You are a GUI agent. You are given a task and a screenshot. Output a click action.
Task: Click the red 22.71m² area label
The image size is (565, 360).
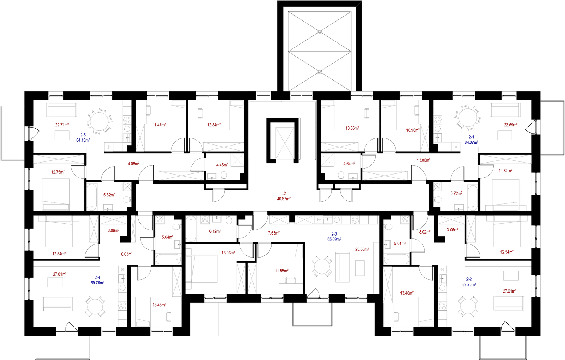tap(62, 124)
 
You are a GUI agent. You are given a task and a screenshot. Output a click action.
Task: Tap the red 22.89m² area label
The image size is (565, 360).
tap(511, 125)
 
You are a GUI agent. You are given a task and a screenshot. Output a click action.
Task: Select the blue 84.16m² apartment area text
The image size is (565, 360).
tap(83, 140)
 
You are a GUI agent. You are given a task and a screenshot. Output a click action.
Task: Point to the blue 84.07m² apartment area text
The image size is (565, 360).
tap(471, 142)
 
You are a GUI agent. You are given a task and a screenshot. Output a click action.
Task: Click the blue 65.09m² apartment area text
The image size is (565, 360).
tap(334, 239)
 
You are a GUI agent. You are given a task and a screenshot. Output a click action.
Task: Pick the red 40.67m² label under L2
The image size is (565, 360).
tap(284, 199)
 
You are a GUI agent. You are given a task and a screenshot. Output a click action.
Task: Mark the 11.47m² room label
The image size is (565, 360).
tap(159, 125)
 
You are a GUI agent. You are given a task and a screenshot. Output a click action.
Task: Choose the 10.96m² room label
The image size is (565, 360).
tap(413, 130)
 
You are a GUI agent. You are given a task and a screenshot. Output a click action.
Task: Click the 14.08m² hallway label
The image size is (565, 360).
tap(133, 164)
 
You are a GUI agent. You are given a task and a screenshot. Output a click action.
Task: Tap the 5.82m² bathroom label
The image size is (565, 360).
tap(109, 195)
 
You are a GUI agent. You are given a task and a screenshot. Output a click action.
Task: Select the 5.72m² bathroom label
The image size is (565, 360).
tap(456, 193)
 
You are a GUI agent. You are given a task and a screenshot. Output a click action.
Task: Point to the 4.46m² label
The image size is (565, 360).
tap(222, 165)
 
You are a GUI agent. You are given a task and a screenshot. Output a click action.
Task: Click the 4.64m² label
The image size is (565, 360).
tap(349, 164)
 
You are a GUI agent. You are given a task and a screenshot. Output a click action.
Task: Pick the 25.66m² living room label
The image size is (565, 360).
tap(362, 250)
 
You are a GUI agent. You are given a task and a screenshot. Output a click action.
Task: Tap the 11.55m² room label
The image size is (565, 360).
tap(281, 271)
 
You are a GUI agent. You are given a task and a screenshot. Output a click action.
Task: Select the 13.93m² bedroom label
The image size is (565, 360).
tap(228, 253)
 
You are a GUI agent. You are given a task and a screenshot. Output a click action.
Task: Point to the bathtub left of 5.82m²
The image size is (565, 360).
tap(92, 197)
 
